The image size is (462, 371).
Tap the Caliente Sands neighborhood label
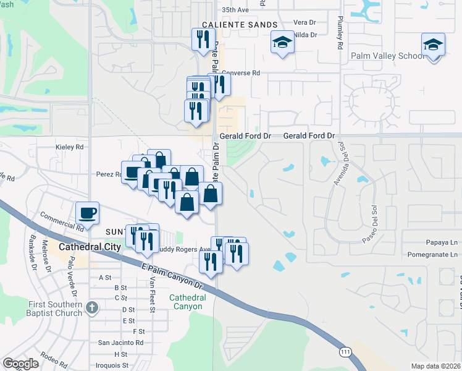tap(238, 24)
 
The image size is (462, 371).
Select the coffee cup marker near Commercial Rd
tap(88, 213)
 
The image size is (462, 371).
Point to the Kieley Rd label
tap(69, 147)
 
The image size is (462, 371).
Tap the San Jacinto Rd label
tap(120, 343)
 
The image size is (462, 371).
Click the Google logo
tap(20, 364)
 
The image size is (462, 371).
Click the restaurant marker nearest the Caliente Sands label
tap(202, 40)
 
